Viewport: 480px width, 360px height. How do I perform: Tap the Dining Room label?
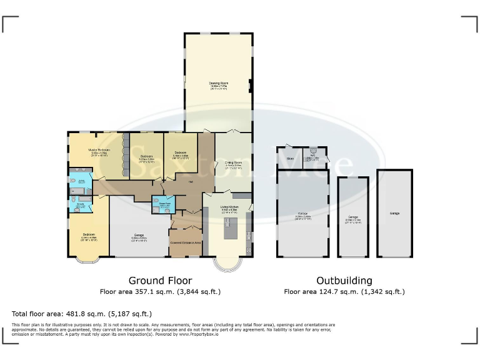[x=233, y=164]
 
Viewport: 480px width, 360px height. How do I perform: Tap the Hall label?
[x=190, y=182]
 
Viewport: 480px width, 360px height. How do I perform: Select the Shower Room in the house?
[x=164, y=205]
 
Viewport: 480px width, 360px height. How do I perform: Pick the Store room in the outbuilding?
[x=289, y=159]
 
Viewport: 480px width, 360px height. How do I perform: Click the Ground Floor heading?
[x=160, y=281]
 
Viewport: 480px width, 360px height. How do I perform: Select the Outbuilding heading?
[x=344, y=281]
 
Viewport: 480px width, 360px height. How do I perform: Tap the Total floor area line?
[x=82, y=314]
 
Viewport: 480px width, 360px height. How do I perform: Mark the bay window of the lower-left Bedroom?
[x=82, y=260]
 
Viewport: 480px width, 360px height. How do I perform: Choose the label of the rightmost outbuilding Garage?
[x=394, y=214]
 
